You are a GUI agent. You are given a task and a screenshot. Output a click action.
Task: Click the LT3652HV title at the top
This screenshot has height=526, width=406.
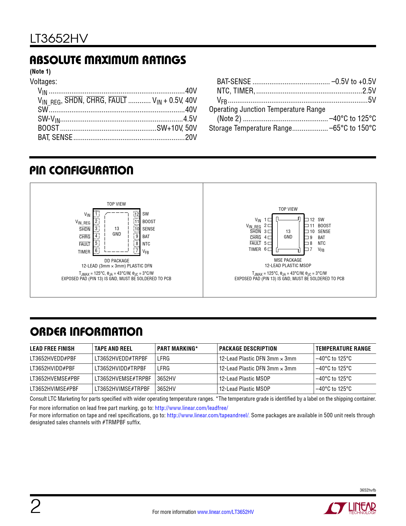point(59,39)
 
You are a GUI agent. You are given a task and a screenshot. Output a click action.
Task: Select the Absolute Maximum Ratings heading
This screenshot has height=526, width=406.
point(108,60)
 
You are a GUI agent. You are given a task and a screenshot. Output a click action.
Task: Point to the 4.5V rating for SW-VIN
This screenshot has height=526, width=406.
point(190,119)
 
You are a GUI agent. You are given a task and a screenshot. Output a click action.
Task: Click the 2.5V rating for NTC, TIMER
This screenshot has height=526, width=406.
point(369,91)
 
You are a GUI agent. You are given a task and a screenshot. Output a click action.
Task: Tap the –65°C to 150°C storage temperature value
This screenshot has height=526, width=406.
point(353,128)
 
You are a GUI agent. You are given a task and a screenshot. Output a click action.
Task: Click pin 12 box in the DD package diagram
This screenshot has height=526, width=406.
point(137,214)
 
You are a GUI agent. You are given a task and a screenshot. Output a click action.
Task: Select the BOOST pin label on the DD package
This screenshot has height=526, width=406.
point(149,222)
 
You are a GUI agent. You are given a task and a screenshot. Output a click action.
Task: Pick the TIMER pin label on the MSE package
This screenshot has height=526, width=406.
point(255,249)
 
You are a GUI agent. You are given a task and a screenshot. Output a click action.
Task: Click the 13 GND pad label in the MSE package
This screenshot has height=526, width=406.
point(288,234)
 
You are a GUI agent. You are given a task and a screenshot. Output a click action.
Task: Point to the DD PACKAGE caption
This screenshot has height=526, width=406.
point(117,261)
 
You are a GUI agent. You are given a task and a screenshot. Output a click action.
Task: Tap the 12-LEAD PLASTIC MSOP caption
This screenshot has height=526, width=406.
point(288,266)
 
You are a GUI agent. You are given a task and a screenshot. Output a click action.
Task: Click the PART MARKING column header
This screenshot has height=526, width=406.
point(177,349)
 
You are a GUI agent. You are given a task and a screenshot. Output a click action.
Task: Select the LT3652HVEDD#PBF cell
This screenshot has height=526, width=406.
point(53,359)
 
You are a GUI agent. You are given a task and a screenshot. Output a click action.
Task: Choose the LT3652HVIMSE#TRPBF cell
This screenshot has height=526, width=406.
point(122,389)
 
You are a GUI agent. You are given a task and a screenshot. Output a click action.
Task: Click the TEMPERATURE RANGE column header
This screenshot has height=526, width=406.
point(343,349)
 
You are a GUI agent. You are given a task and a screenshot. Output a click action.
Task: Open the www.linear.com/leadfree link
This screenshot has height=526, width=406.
point(191,408)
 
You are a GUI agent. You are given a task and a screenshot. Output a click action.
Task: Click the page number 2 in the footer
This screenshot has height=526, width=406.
point(35,507)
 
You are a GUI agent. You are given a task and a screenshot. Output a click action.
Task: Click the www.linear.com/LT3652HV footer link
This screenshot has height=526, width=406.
point(225,512)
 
